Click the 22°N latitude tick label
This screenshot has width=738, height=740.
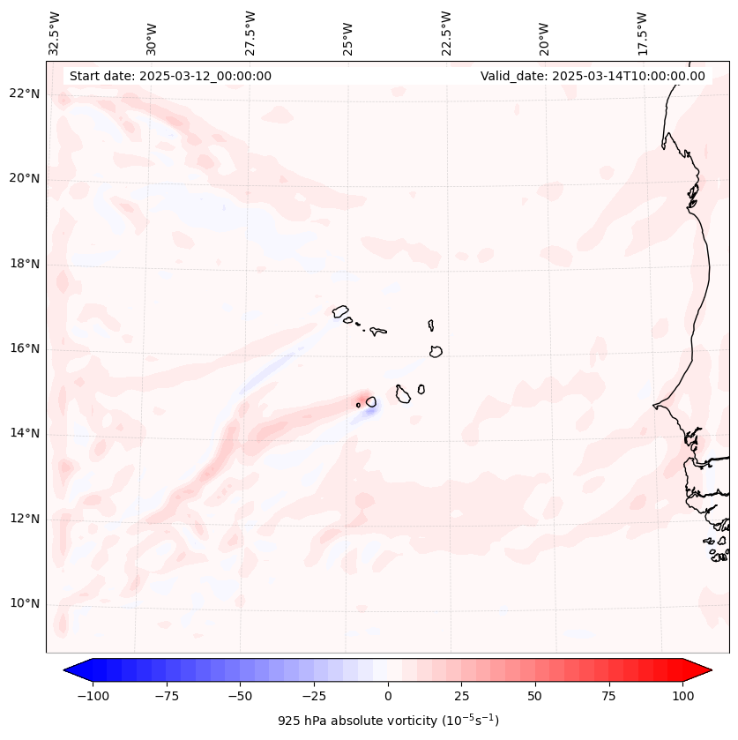coord(26,93)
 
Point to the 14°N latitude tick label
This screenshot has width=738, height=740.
coord(26,433)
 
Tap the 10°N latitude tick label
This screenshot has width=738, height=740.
coord(26,603)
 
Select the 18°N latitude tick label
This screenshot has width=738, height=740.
coord(26,264)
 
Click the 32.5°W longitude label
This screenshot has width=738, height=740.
coord(55,34)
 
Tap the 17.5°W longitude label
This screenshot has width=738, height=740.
coord(642,34)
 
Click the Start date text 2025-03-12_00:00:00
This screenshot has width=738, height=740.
coord(170,76)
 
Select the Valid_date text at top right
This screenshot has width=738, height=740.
coord(593,76)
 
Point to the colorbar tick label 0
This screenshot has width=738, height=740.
coord(388,696)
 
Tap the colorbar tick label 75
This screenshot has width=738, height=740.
coord(608,696)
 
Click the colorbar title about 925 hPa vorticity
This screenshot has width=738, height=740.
coord(388,721)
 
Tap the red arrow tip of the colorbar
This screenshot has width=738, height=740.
coord(704,671)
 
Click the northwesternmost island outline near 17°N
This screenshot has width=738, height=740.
coord(340,310)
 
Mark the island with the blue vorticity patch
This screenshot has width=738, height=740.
coord(371,402)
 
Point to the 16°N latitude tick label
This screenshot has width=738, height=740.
coord(26,348)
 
